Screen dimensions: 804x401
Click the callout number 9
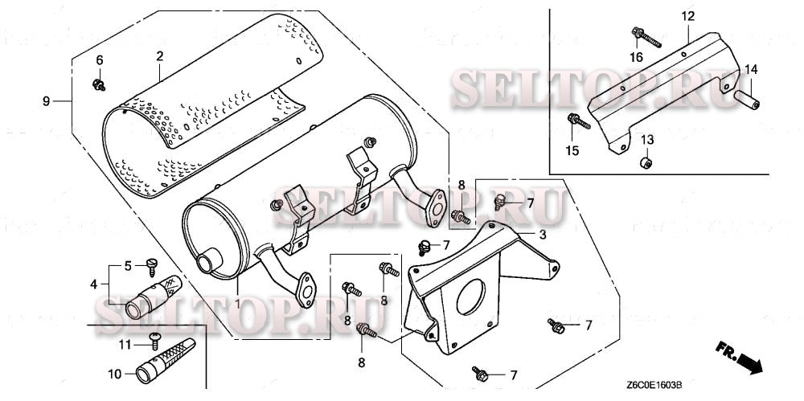coord(46,101)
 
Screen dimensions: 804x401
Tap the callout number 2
coord(160,56)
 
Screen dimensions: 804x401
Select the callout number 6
coord(100,60)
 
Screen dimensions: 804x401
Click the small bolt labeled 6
coord(99,84)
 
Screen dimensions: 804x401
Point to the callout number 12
coord(687,16)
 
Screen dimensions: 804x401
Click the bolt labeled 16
coord(646,37)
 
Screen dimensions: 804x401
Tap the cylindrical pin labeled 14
coord(747,99)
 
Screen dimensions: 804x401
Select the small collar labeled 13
coord(646,164)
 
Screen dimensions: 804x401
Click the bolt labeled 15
coord(579,121)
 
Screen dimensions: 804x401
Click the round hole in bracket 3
coord(470,297)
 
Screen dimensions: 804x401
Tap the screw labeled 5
coord(152,265)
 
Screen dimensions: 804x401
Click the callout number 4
coord(93,284)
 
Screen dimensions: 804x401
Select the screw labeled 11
coord(154,341)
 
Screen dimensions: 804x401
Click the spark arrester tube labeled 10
coord(165,361)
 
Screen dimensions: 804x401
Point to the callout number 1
coord(237,304)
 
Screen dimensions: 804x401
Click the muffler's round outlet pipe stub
coord(207,260)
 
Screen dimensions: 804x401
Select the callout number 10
coord(115,374)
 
